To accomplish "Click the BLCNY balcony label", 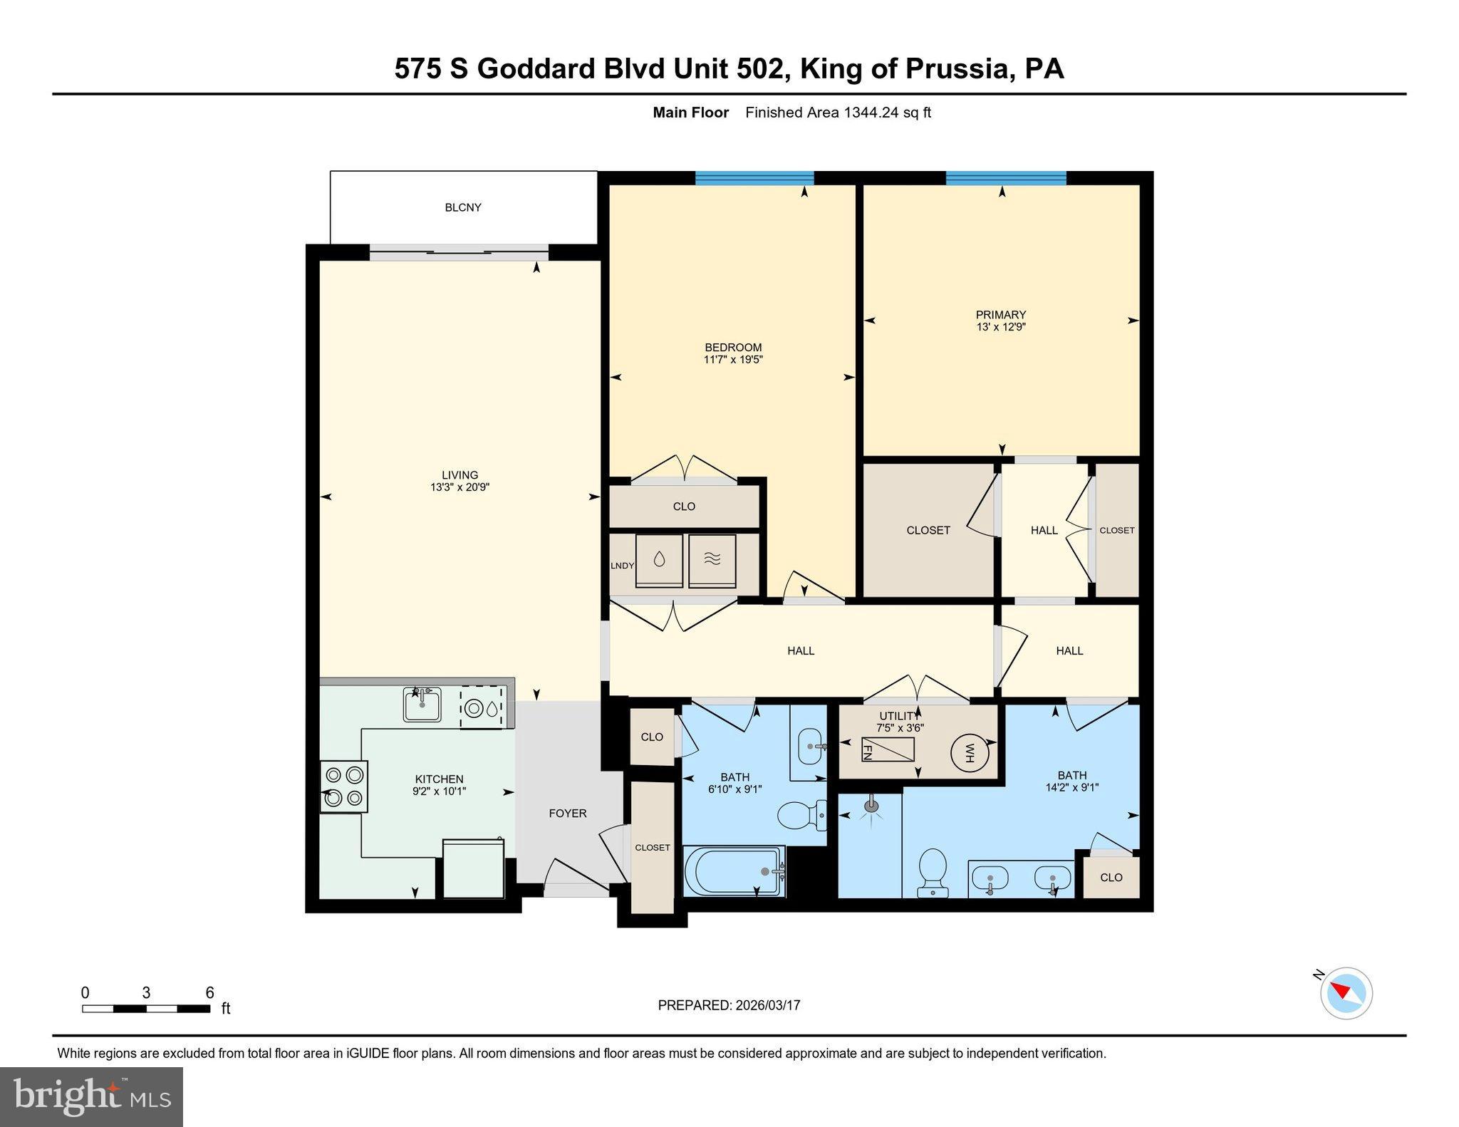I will coord(463,207).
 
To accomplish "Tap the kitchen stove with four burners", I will coord(345,786).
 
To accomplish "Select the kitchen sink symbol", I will coord(422,704).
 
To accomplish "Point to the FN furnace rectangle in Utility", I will coord(887,749).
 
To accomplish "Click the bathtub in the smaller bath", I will coord(734,870).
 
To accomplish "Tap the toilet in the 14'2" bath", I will coord(933,871).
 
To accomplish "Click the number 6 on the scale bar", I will coord(209,993).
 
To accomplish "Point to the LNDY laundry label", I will coord(622,566).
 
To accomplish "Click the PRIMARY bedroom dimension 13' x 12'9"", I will coord(1001,327).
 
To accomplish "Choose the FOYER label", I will coord(568,813).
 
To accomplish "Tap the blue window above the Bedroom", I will coord(754,178).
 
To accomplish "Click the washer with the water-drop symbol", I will coord(659,560).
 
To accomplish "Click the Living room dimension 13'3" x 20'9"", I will coord(459,487).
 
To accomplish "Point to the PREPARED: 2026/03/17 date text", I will coord(729,1005).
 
